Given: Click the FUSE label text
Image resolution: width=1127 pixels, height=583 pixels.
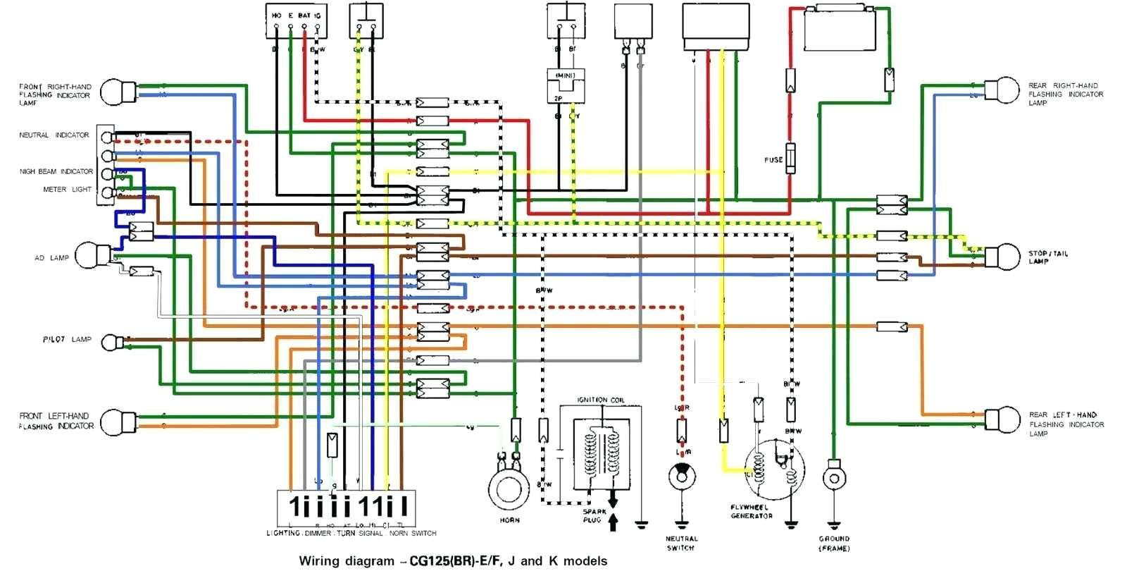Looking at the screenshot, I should (x=773, y=160).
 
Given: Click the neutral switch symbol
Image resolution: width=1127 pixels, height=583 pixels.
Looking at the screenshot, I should (x=682, y=477).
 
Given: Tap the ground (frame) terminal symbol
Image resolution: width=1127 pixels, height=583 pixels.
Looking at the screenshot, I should (x=834, y=478).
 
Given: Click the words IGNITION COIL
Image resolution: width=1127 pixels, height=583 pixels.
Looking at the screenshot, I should (x=600, y=400).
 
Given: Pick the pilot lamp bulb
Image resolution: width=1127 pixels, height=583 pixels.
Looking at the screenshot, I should (x=112, y=343).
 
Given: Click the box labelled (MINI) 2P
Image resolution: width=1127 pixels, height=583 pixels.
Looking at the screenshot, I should (x=566, y=86).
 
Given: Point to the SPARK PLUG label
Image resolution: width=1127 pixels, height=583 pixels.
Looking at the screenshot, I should (x=594, y=515).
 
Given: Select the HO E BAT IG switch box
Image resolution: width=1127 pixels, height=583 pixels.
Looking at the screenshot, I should (x=297, y=20).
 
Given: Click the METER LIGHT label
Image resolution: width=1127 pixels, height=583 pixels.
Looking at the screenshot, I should (x=67, y=190).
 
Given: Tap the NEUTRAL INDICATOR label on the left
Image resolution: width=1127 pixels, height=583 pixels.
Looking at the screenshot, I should (x=54, y=135).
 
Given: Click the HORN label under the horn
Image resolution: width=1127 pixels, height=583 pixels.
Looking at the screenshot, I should (x=509, y=520).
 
